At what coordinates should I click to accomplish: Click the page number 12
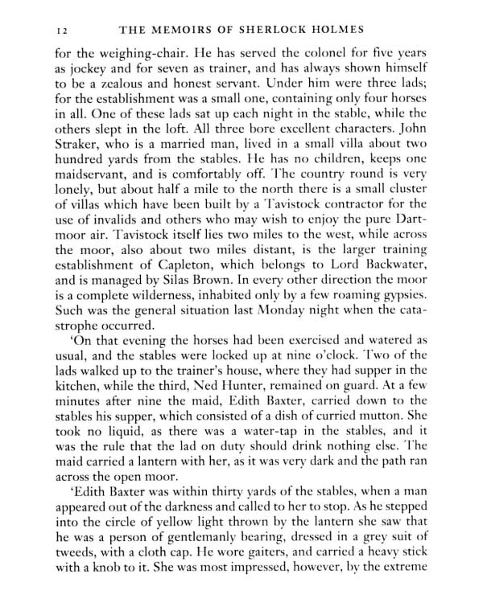(x=61, y=30)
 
